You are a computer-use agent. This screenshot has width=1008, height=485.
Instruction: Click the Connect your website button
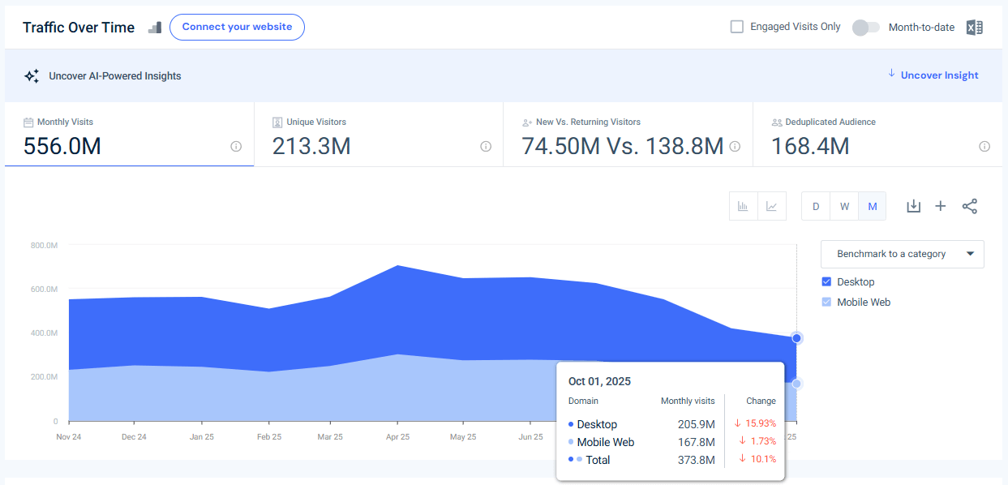pyautogui.click(x=237, y=27)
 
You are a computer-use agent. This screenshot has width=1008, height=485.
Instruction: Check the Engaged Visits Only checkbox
pyautogui.click(x=736, y=27)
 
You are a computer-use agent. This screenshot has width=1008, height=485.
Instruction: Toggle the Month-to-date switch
pyautogui.click(x=865, y=28)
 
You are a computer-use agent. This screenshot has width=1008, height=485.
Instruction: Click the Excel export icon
pyautogui.click(x=974, y=28)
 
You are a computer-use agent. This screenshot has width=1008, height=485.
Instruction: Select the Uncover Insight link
pyautogui.click(x=939, y=75)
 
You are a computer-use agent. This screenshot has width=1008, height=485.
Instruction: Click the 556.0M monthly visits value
pyautogui.click(x=62, y=147)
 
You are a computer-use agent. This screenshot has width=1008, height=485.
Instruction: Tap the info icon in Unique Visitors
pyautogui.click(x=486, y=147)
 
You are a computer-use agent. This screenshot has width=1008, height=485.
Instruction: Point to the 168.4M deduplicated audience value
pyautogui.click(x=809, y=147)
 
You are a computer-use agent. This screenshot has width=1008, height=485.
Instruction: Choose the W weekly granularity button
pyautogui.click(x=844, y=207)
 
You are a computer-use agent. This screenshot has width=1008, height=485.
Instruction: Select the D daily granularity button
pyautogui.click(x=816, y=207)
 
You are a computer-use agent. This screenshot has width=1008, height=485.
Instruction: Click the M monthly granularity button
pyautogui.click(x=873, y=207)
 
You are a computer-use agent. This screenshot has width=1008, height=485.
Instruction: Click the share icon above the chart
pyautogui.click(x=969, y=206)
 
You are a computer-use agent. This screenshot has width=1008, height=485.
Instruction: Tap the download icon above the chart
pyautogui.click(x=913, y=206)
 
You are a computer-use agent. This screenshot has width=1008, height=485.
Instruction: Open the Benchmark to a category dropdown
pyautogui.click(x=902, y=254)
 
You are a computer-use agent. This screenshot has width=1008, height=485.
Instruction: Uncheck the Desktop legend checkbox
pyautogui.click(x=826, y=282)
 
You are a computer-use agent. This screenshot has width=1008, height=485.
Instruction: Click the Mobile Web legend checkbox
pyautogui.click(x=826, y=303)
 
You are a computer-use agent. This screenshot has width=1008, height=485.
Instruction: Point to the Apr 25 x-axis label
pyautogui.click(x=397, y=437)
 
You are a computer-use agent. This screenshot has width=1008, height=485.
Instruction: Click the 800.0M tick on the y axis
pyautogui.click(x=44, y=245)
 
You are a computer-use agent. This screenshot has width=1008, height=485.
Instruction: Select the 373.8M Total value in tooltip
pyautogui.click(x=696, y=461)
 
